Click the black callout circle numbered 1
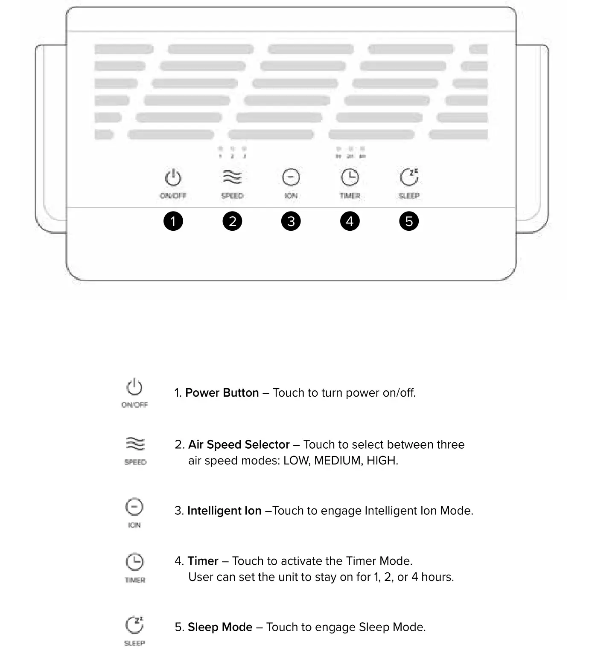(x=173, y=221)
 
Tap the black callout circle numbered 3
(x=291, y=221)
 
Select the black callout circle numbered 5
(x=409, y=221)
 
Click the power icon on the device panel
(x=173, y=178)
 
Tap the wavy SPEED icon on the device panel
(x=232, y=177)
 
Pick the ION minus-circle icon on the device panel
(x=291, y=177)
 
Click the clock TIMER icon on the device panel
(x=350, y=177)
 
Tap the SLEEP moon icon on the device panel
(x=409, y=177)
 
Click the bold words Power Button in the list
(x=222, y=393)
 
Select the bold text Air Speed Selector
(x=239, y=445)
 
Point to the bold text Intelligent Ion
(x=225, y=511)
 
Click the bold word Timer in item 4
(x=203, y=561)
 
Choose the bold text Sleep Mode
(x=220, y=627)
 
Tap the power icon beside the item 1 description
(x=134, y=387)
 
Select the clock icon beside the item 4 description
(x=134, y=562)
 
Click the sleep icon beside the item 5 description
(x=134, y=625)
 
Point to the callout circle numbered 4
(x=350, y=221)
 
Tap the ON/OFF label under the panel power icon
(x=173, y=196)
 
